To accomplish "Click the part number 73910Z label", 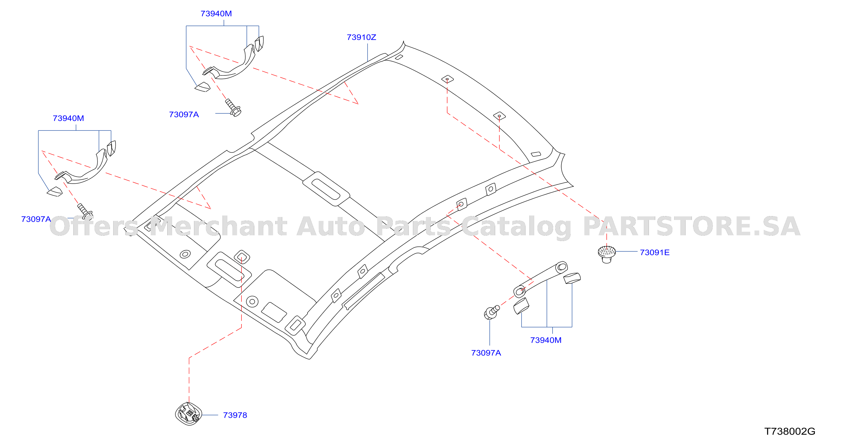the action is pyautogui.click(x=361, y=37).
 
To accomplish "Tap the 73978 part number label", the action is pyautogui.click(x=235, y=415).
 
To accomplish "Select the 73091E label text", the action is pyautogui.click(x=654, y=252).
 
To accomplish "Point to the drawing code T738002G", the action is pyautogui.click(x=789, y=431).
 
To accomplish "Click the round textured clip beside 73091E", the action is pyautogui.click(x=607, y=254).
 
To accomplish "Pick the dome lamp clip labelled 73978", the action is pyautogui.click(x=189, y=414).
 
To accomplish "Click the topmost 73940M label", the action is pyautogui.click(x=216, y=14).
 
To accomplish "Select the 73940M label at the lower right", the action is pyautogui.click(x=546, y=340).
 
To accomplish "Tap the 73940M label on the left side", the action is pyautogui.click(x=68, y=118).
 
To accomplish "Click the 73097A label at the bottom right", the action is pyautogui.click(x=486, y=353).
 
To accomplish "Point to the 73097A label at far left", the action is pyautogui.click(x=36, y=219).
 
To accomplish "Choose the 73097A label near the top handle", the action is pyautogui.click(x=184, y=114).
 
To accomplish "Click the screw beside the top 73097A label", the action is pyautogui.click(x=233, y=107).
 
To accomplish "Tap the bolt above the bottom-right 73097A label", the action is pyautogui.click(x=492, y=312).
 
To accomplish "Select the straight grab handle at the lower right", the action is pyautogui.click(x=540, y=279).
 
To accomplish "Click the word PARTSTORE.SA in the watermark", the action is pyautogui.click(x=691, y=227).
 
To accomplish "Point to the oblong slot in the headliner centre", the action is pyautogui.click(x=326, y=189).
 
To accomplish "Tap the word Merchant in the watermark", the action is pyautogui.click(x=219, y=227).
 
